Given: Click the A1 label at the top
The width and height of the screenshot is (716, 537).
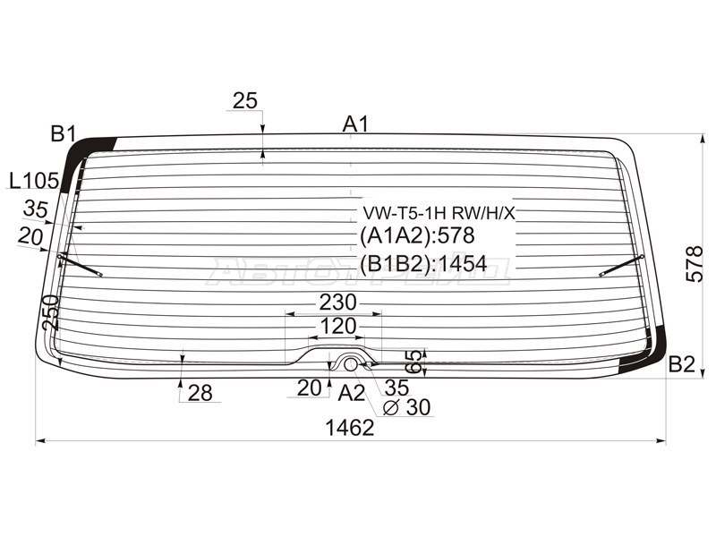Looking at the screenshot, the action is [x=355, y=124].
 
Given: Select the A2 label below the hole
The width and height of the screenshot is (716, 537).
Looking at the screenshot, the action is [x=352, y=393].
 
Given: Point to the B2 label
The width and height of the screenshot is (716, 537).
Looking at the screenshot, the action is [x=681, y=364].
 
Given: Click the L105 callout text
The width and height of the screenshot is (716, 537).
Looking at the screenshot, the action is [x=34, y=182].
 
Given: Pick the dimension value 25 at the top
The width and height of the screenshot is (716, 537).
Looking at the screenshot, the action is [x=245, y=100].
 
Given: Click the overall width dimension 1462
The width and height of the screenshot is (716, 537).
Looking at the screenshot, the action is [x=350, y=428].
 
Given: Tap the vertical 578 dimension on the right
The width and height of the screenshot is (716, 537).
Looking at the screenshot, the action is [x=695, y=264].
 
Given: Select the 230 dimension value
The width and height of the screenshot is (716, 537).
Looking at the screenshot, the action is [x=338, y=303].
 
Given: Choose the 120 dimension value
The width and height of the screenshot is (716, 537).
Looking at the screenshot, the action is [x=338, y=326].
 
